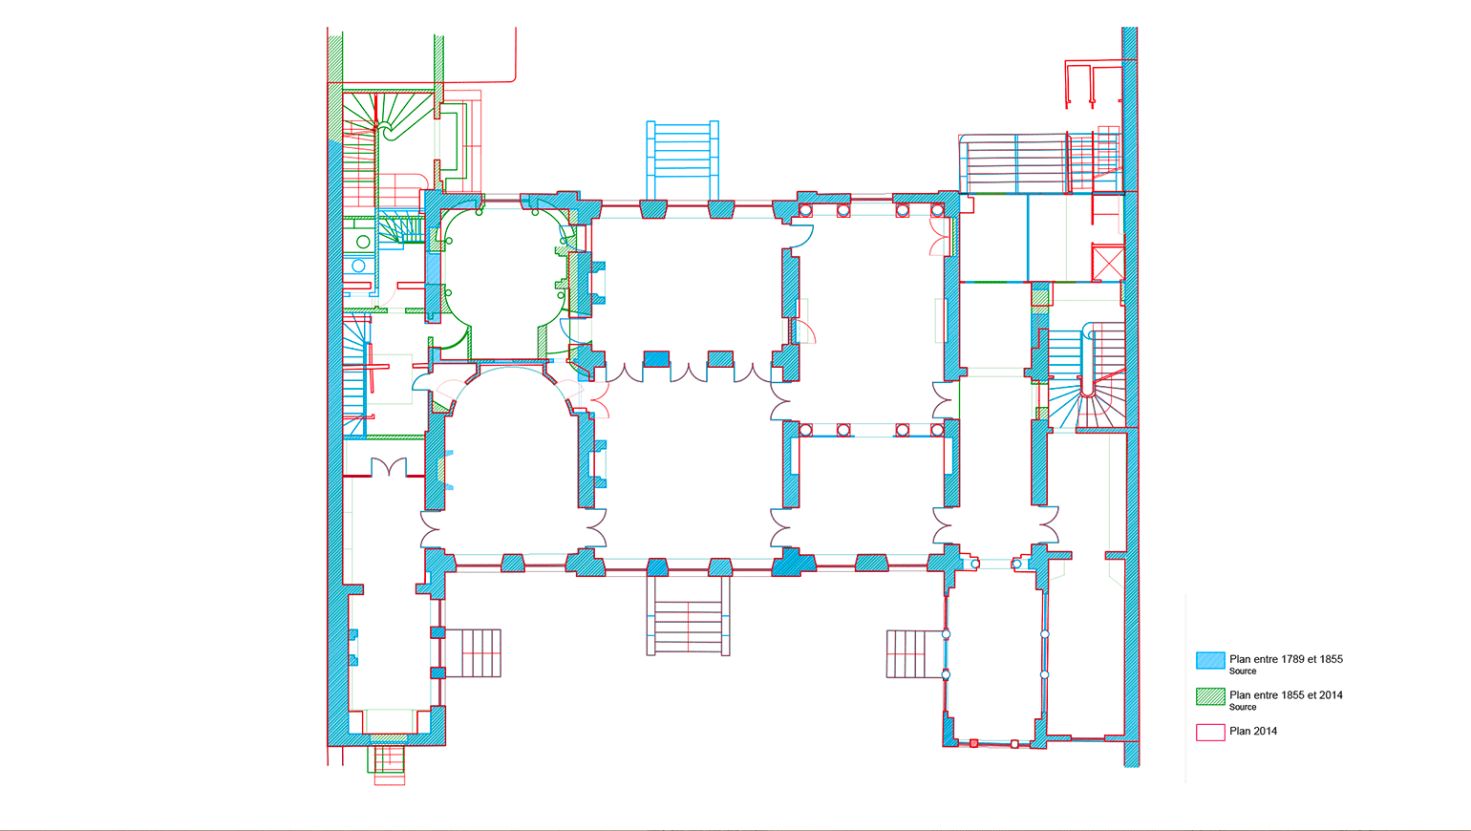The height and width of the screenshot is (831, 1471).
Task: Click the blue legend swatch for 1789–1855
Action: click(1210, 660)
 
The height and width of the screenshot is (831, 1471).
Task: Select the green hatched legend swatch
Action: click(1210, 696)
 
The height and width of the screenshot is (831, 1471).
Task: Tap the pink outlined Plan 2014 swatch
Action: click(1210, 733)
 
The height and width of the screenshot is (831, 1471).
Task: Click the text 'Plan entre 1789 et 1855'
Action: click(1286, 659)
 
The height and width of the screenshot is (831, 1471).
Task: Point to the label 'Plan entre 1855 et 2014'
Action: click(1286, 695)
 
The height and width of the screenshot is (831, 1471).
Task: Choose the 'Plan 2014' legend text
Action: click(1253, 731)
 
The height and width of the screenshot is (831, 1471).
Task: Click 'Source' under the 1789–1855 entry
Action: click(1243, 671)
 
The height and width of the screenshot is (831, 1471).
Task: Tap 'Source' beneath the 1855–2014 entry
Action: click(1243, 708)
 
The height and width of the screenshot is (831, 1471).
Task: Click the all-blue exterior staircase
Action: click(682, 160)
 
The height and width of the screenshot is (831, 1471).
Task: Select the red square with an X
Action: click(1108, 263)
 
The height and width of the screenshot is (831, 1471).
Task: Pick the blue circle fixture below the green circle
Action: click(358, 266)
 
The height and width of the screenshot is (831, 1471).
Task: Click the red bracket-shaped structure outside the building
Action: click(1093, 83)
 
